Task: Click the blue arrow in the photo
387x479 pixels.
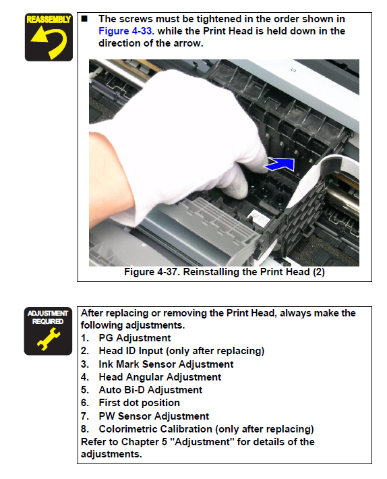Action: [280, 165]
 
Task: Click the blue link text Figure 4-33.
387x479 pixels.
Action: [126, 31]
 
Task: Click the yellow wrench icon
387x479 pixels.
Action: [49, 339]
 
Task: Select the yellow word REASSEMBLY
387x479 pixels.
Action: [49, 20]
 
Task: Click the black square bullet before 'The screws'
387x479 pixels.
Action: [84, 19]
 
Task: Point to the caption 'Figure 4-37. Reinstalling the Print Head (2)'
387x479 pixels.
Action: [225, 272]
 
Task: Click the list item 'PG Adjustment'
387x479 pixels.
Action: [135, 338]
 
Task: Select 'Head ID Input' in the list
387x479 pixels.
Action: [131, 351]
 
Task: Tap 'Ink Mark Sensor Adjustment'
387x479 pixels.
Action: [166, 364]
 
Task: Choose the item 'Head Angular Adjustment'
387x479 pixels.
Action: [160, 377]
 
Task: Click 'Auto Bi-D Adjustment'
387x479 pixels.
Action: [150, 390]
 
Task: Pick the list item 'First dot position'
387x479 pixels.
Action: [139, 403]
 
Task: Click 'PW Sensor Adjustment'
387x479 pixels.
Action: [154, 416]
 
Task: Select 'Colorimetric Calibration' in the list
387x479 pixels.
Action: [155, 429]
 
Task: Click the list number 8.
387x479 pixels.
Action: [84, 429]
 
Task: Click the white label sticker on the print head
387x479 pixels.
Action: [258, 218]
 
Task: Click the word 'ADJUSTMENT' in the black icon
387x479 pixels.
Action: [48, 314]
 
